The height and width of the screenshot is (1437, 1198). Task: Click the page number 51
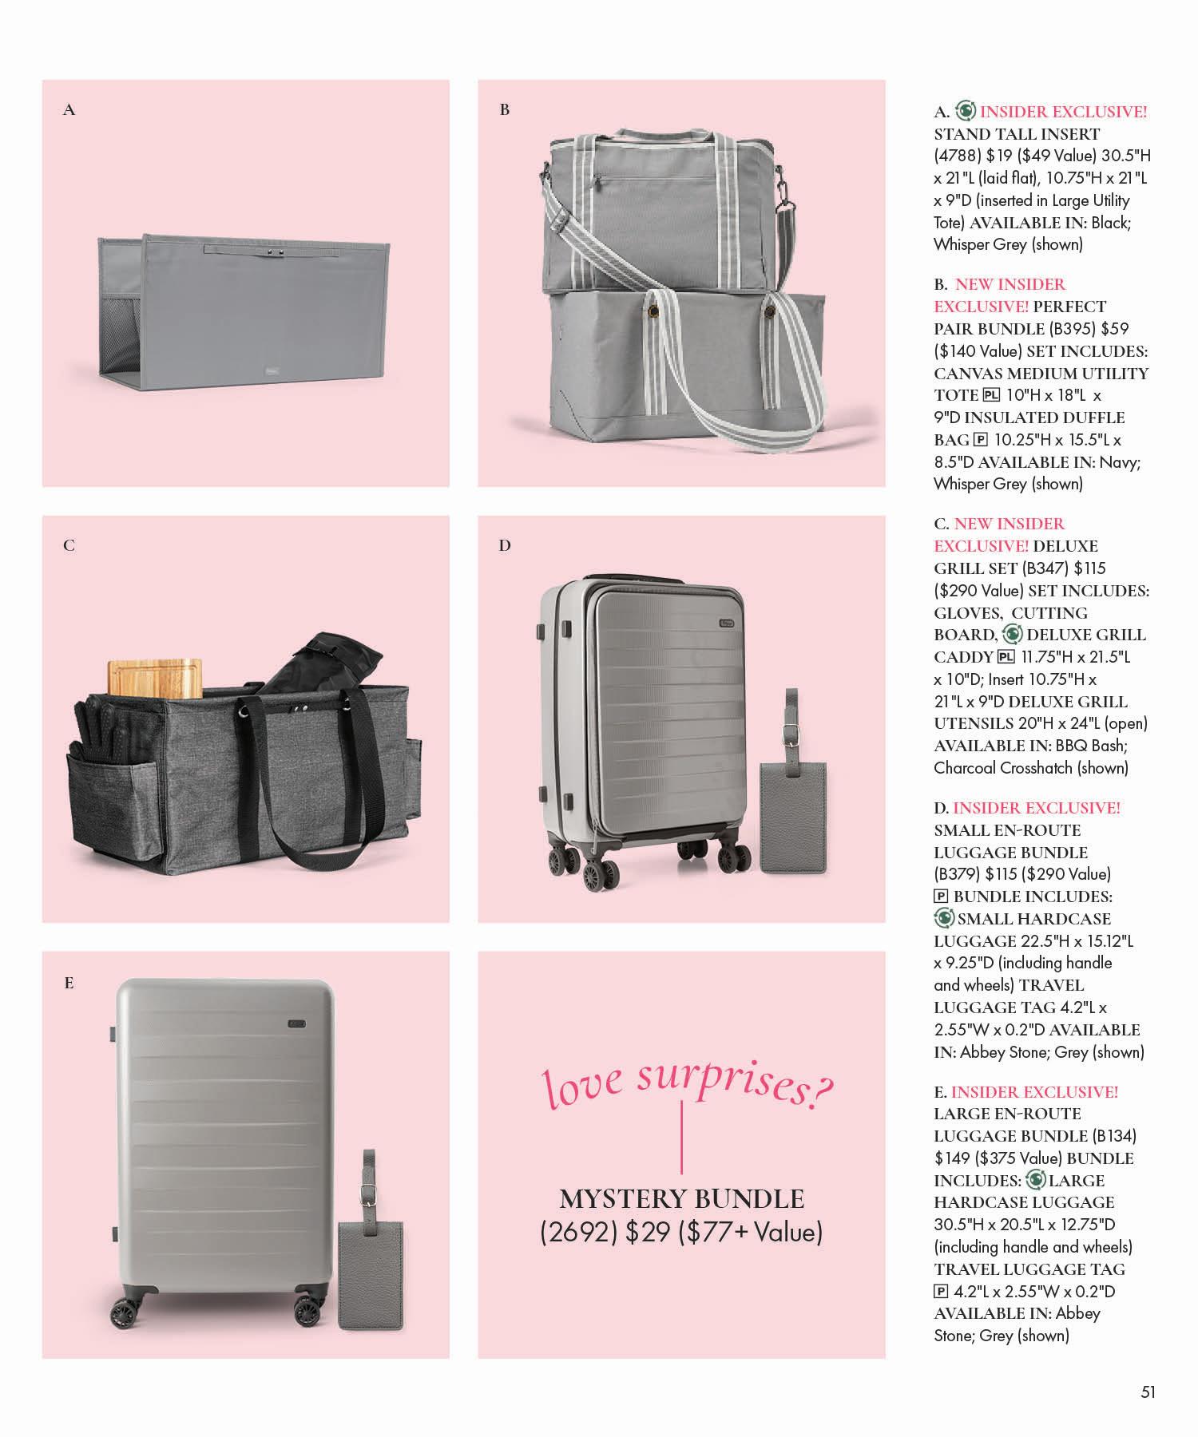tap(1148, 1392)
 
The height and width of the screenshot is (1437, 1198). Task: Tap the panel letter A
tap(69, 110)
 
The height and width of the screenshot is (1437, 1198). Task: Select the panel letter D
tap(504, 546)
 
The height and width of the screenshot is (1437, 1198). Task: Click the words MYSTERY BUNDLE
tap(681, 1199)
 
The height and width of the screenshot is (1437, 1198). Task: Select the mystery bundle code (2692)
tap(579, 1233)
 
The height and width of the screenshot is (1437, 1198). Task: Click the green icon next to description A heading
tap(966, 112)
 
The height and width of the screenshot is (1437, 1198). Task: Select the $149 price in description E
tap(951, 1158)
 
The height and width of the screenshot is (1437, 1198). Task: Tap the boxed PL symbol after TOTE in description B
tap(990, 395)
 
